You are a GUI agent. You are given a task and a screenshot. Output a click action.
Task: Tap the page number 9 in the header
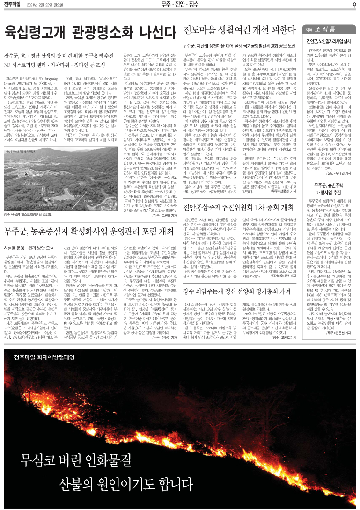click(x=354, y=5)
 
